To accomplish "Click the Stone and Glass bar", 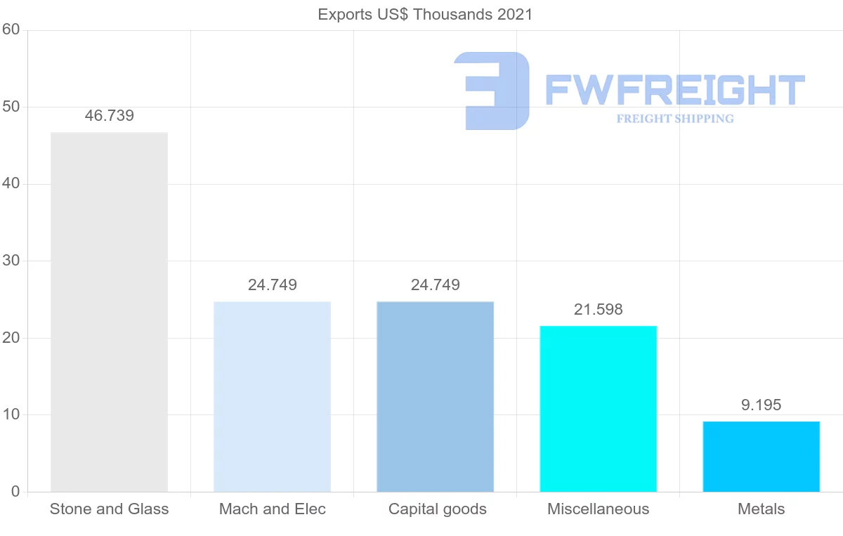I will (x=109, y=312).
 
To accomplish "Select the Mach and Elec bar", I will (x=272, y=397).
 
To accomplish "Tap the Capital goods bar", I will (x=435, y=397).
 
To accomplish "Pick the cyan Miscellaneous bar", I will (x=598, y=409).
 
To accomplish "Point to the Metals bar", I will (x=761, y=457).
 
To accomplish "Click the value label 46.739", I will (x=109, y=116).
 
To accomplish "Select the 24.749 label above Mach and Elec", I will (x=272, y=285).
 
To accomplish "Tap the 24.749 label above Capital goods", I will (x=435, y=285).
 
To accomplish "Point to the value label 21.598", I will (x=598, y=309).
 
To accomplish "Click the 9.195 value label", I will (x=761, y=405).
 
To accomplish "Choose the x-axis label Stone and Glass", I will (x=109, y=509).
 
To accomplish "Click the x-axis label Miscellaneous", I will (x=598, y=509).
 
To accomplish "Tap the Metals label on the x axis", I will (x=761, y=509).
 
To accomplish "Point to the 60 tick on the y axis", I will (x=11, y=30).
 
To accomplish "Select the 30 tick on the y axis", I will (x=11, y=261).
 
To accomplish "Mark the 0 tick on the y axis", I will (x=15, y=492).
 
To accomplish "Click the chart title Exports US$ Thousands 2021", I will (x=425, y=15).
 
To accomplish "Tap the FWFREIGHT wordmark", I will (x=674, y=90).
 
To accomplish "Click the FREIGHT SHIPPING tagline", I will (x=675, y=119).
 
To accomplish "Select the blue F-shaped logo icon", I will (x=492, y=91).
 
